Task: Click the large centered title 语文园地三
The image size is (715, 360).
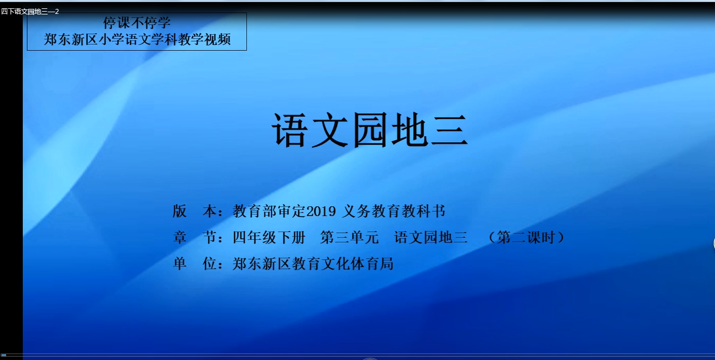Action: [369, 130]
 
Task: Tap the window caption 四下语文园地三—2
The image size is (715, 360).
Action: [30, 12]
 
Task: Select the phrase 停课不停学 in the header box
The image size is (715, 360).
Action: [137, 23]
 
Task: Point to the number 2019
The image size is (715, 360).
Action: [321, 211]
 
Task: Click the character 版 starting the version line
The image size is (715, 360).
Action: [179, 211]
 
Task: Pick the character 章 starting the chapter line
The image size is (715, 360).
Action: [179, 237]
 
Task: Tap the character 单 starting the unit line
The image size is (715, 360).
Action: [179, 264]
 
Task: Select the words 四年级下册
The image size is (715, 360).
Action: [269, 237]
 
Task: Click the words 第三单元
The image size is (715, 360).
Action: [349, 237]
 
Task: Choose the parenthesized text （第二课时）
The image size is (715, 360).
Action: [527, 237]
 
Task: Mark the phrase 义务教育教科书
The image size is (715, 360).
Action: [394, 211]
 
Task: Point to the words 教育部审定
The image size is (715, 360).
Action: [269, 211]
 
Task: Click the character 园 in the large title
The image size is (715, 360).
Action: [369, 130]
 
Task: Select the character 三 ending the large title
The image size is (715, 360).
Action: [449, 130]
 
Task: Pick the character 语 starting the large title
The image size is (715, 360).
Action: [289, 130]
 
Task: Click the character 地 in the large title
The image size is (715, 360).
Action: [409, 130]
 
